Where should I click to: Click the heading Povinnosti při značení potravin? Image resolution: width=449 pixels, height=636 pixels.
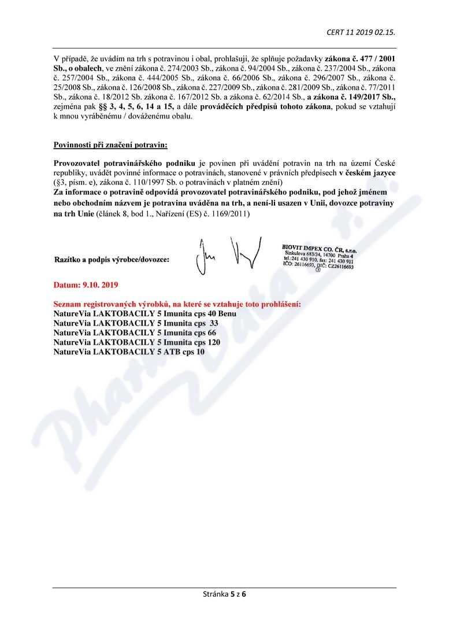[106, 144]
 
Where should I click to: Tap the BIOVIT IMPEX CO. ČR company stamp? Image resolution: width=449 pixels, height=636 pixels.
[318, 254]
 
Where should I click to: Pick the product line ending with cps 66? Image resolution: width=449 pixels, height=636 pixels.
[135, 332]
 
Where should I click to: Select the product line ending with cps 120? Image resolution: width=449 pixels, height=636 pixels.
[136, 342]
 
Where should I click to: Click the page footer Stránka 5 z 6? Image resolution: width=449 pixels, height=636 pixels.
[224, 593]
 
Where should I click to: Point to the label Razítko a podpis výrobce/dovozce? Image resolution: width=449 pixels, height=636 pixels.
[112, 260]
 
